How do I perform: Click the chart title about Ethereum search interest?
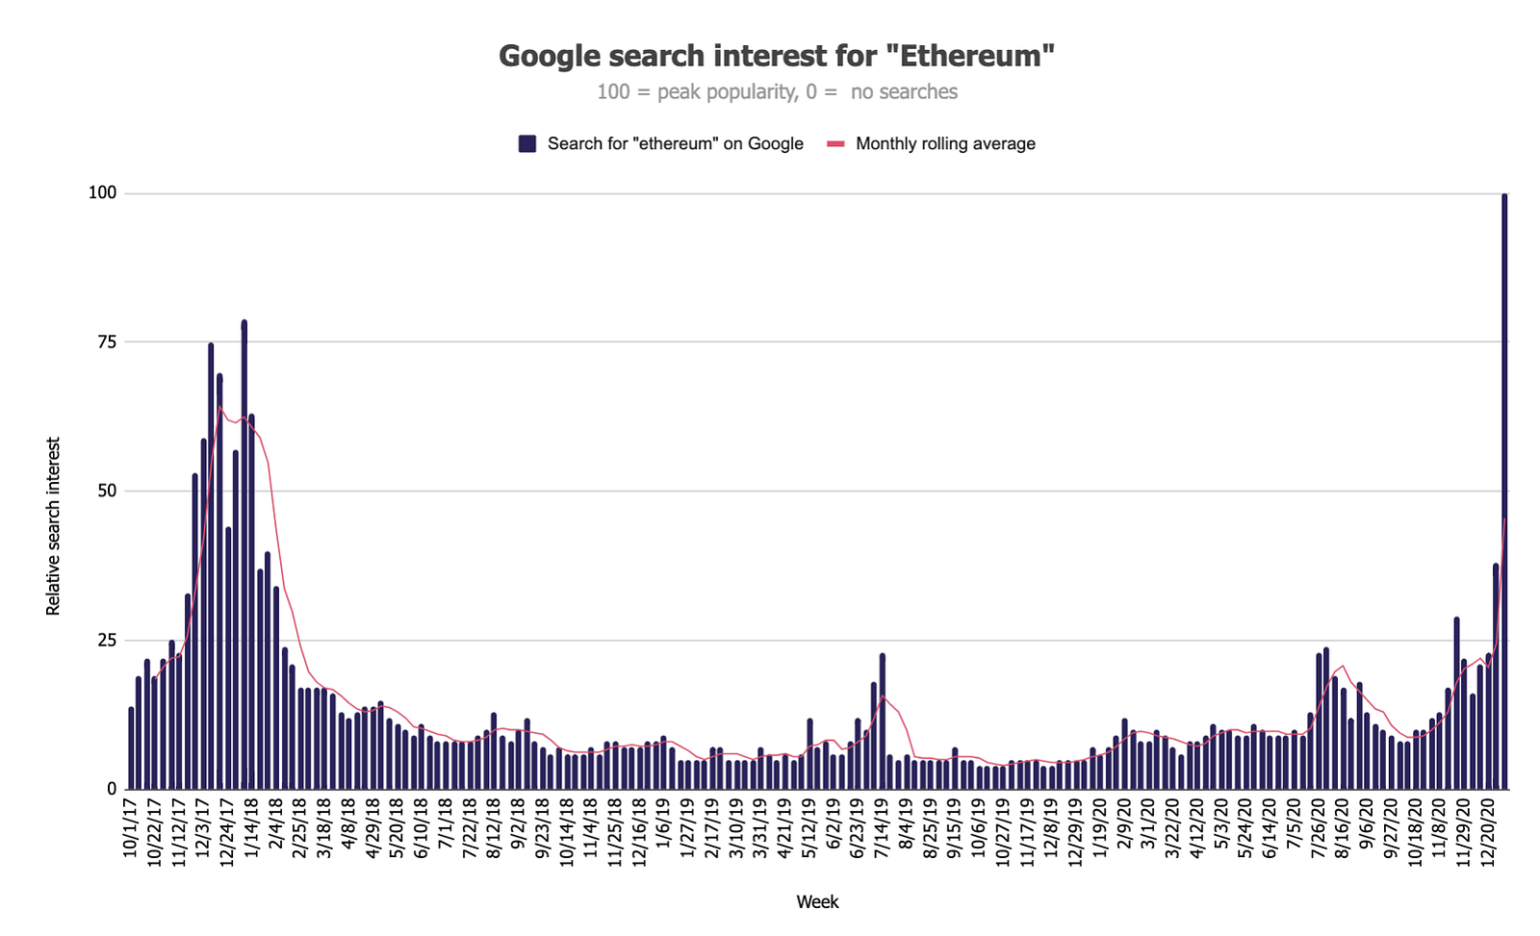tap(777, 56)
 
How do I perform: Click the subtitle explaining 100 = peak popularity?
tap(777, 92)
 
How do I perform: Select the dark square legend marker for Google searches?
tap(526, 143)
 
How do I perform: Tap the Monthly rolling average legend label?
tap(945, 143)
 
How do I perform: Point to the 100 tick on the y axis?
tap(102, 193)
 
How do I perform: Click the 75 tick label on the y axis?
tap(106, 342)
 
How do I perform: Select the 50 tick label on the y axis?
tap(106, 492)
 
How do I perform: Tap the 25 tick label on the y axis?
tap(106, 641)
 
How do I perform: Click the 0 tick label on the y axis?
tap(111, 790)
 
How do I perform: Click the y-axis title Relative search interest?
tap(54, 526)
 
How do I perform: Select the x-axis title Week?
tap(817, 902)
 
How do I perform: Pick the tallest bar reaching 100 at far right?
tap(1504, 491)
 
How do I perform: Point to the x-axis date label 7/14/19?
tap(881, 829)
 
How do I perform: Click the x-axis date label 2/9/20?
tap(1123, 825)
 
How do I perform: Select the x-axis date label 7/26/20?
tap(1319, 829)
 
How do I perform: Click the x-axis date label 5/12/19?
tap(808, 829)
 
